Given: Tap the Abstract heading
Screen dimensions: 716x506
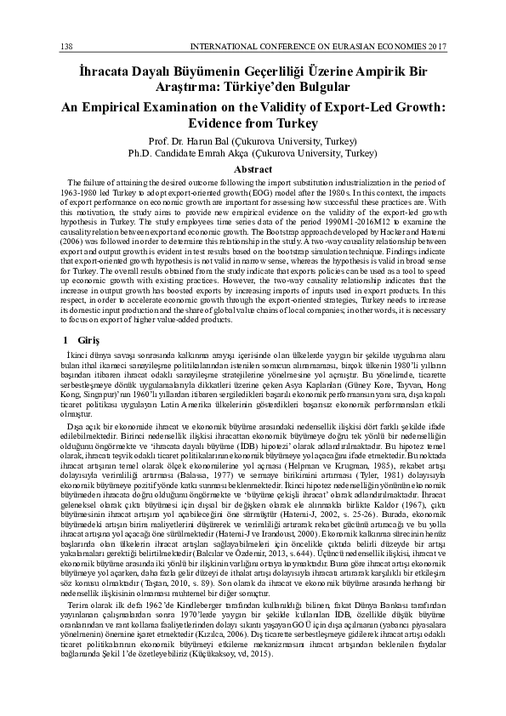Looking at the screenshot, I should tap(253, 170).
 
